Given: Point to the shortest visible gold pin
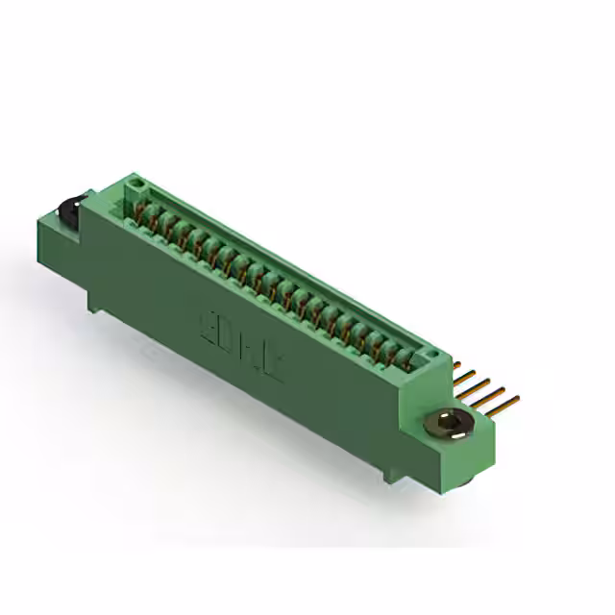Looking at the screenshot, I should click(x=459, y=366).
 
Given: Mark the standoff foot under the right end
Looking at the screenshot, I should click(x=393, y=473).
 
